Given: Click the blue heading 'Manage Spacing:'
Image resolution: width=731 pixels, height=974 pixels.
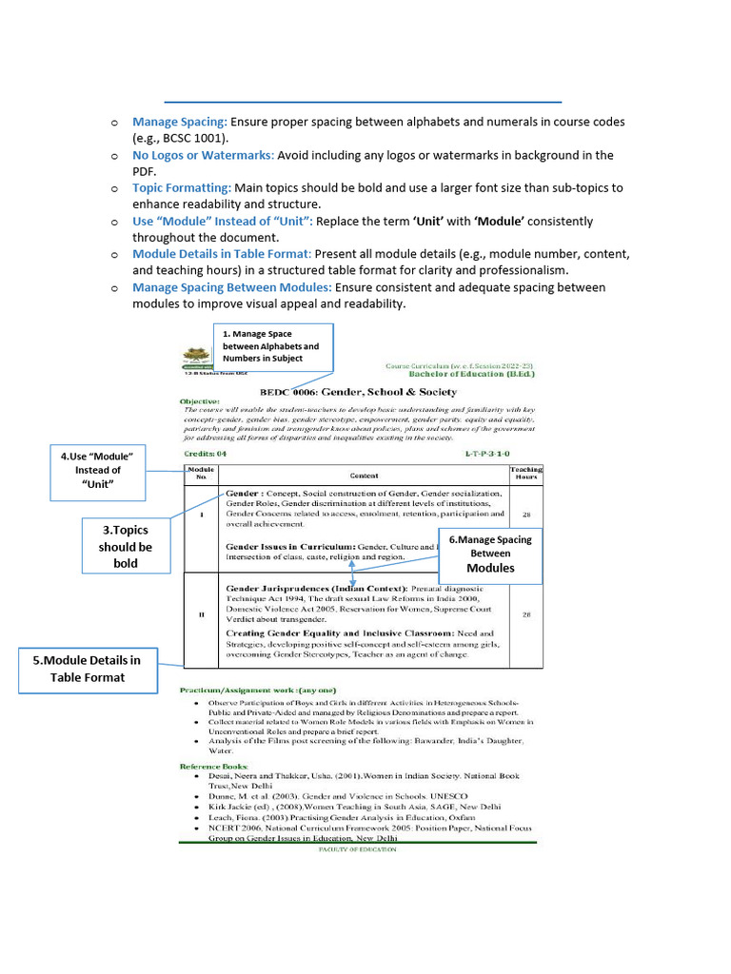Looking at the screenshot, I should [180, 122].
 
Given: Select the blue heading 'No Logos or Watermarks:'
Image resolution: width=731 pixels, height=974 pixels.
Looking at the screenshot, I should [203, 155].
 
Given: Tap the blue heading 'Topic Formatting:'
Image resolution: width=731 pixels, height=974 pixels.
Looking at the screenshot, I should [182, 188].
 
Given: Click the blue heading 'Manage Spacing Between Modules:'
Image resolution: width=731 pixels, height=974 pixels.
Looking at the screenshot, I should [231, 287].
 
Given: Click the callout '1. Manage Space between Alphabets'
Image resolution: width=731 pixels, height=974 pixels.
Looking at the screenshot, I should [274, 346].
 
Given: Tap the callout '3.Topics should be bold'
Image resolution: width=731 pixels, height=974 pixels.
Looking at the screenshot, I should [126, 547].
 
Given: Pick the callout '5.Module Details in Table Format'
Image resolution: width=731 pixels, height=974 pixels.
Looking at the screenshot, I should [91, 669].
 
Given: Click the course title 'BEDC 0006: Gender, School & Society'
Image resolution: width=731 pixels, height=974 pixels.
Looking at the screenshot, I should [345, 392].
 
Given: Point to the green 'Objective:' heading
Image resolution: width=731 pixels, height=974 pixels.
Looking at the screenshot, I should [200, 402].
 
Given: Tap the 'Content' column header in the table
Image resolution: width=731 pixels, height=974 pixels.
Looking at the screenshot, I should [364, 475].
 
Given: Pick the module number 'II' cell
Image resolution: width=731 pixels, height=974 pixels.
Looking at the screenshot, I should [201, 614].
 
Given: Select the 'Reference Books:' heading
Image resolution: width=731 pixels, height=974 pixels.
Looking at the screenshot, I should [214, 766].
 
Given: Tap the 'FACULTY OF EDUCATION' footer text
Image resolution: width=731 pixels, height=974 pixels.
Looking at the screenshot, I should [357, 848].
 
